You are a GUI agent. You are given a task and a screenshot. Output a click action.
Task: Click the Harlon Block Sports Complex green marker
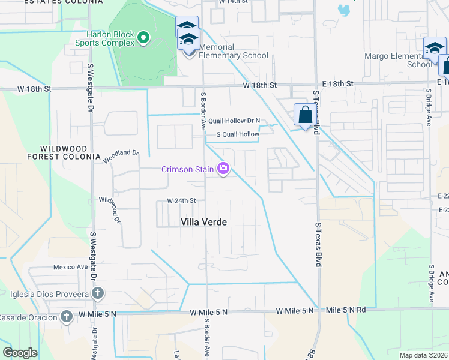tap(143, 39)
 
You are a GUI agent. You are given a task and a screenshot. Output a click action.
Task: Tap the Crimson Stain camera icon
tap(224, 169)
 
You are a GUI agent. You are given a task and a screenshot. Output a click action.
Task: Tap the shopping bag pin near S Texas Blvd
tap(305, 115)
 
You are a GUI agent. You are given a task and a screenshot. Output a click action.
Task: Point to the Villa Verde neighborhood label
tap(204, 222)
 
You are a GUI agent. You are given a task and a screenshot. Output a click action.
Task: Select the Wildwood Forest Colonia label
tap(64, 152)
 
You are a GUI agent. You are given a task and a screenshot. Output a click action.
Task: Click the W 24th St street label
tap(181, 200)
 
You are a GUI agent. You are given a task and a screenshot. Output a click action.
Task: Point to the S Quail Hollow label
tap(238, 134)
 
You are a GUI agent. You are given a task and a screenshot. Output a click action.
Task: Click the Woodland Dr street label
tap(121, 157)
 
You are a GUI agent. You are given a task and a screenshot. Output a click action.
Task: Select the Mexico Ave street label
tap(71, 267)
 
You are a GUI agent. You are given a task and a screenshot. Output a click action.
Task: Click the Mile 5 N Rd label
tap(346, 310)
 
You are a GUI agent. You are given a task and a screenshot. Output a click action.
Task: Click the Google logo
tap(20, 353)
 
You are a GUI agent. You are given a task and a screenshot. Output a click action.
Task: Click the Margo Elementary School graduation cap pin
tap(435, 49)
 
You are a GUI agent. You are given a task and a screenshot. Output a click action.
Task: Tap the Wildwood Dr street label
tap(110, 210)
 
